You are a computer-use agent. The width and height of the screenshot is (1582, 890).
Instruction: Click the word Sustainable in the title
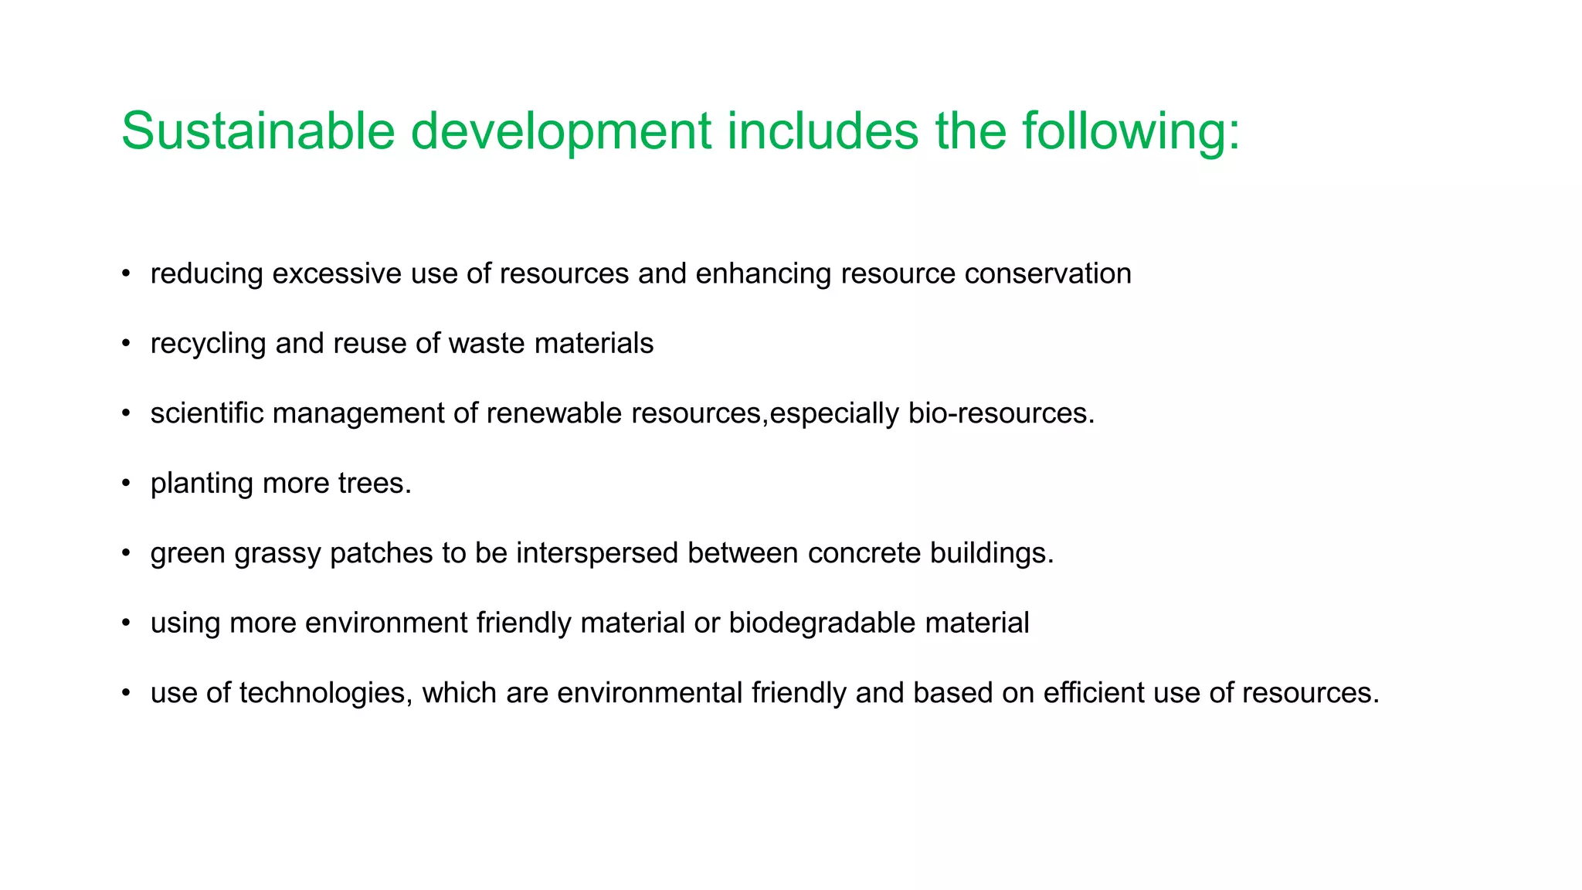258,131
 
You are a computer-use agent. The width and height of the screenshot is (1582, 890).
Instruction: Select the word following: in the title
1131,131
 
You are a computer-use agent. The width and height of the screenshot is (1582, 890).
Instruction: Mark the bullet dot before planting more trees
126,484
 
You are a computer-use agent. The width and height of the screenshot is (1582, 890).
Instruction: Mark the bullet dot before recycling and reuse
126,344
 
